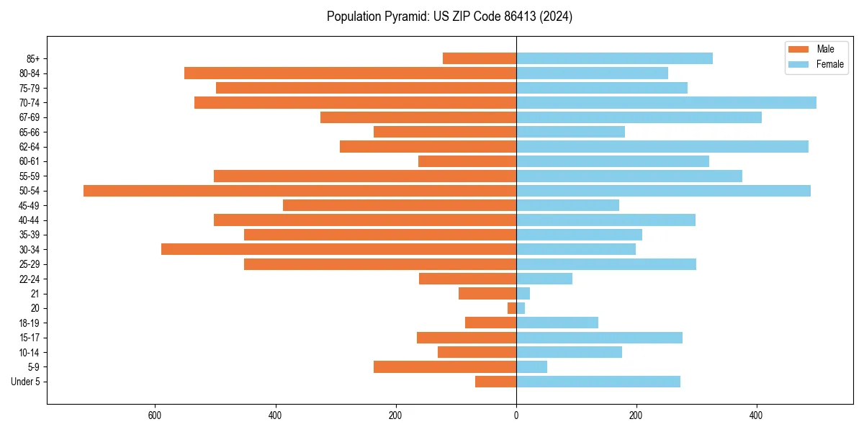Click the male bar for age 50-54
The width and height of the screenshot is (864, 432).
pos(300,191)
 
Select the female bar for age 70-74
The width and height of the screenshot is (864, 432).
pos(666,103)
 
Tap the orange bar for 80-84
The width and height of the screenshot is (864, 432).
pos(350,73)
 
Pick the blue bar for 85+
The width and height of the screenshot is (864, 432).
pos(614,58)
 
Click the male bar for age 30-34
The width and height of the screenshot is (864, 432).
pos(338,249)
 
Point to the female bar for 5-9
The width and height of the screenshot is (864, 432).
pos(531,367)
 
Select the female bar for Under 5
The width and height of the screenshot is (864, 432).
pos(598,382)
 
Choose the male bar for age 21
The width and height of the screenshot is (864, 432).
pos(487,294)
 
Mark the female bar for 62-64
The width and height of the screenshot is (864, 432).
pos(662,147)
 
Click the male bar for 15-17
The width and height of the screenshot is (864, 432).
pos(467,338)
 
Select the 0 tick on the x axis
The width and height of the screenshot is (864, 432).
pos(516,415)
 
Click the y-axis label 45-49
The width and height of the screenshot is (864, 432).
pos(29,205)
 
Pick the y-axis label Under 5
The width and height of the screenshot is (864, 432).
pos(26,382)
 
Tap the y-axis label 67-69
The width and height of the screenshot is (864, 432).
pos(29,117)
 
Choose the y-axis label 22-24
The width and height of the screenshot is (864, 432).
pos(29,279)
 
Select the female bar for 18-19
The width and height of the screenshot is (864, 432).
pos(557,323)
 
